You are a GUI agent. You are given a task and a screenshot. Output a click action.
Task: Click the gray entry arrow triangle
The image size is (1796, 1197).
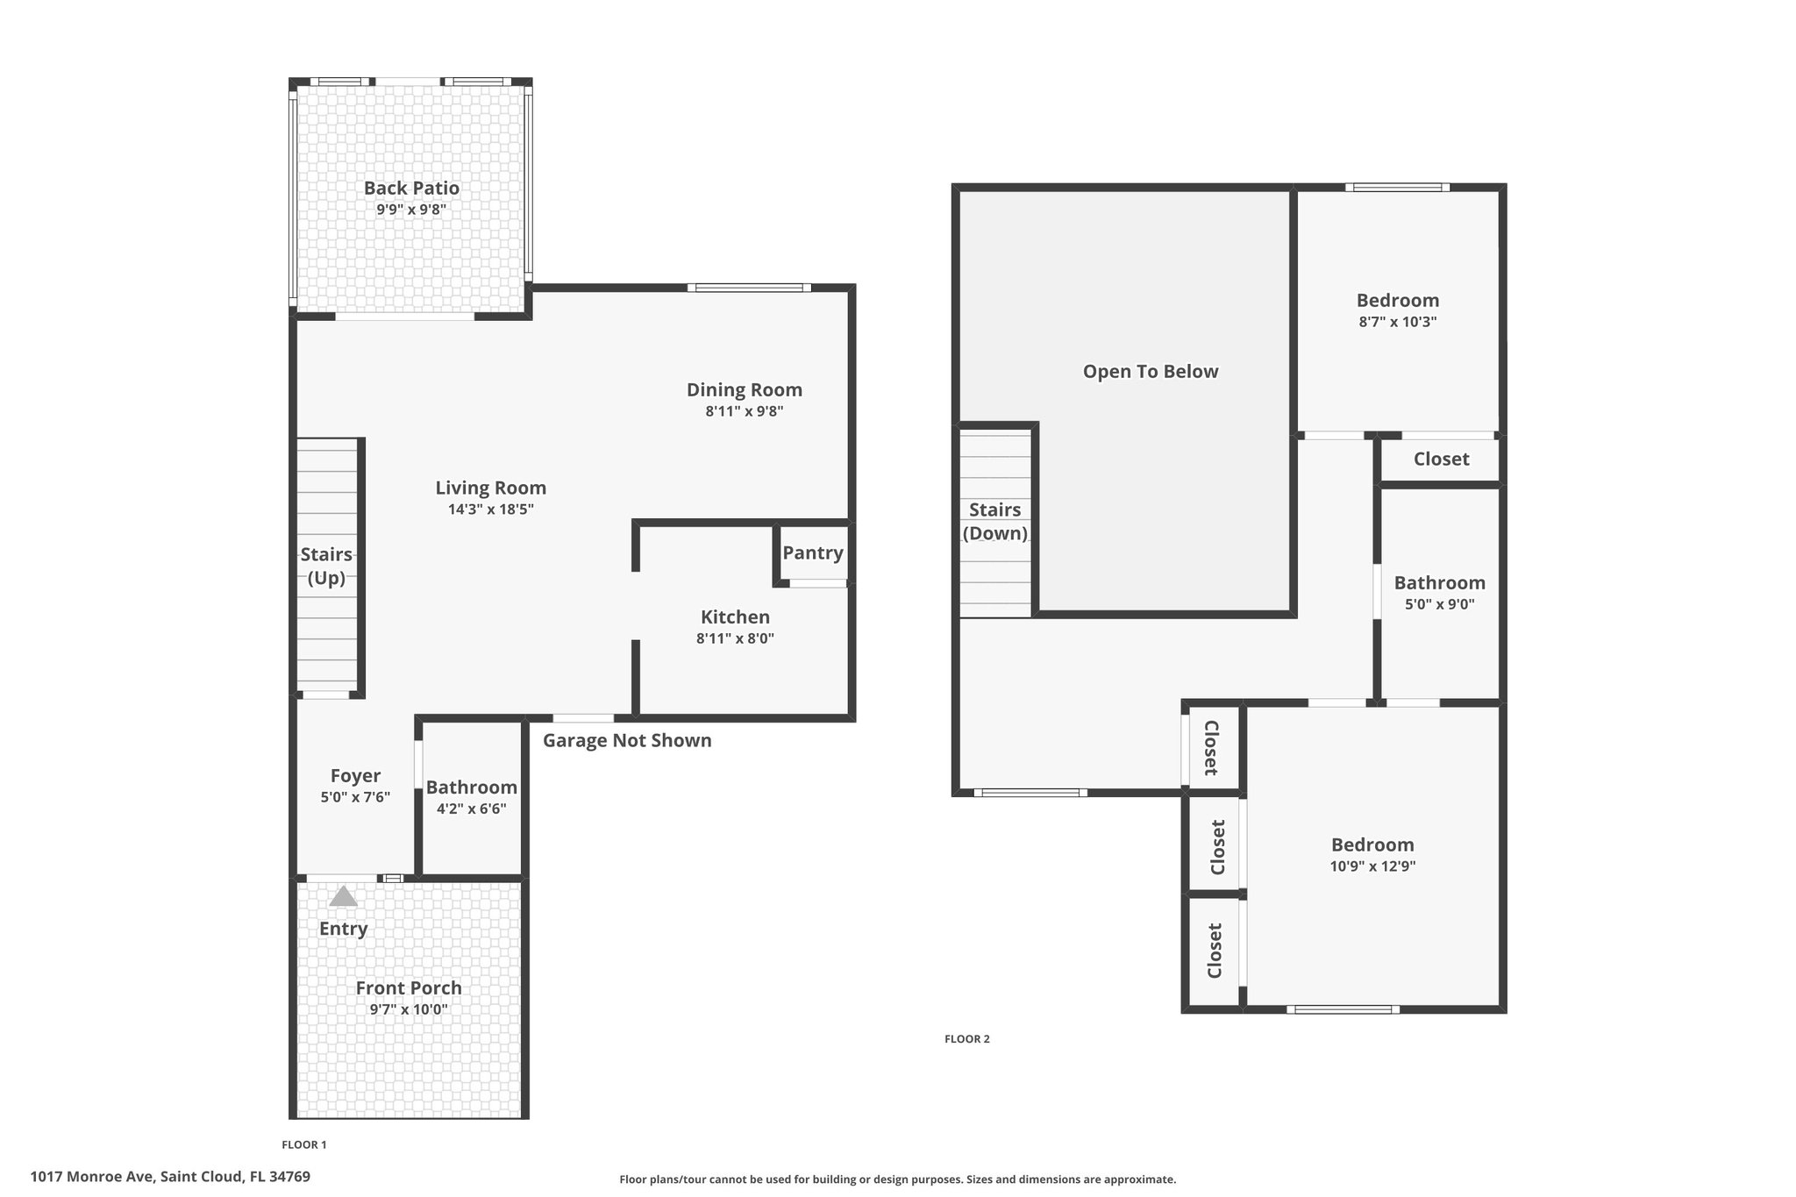(343, 896)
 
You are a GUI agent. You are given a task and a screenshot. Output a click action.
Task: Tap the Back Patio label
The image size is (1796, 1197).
(411, 188)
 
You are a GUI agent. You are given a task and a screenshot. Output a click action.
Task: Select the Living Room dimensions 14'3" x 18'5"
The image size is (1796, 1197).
(490, 509)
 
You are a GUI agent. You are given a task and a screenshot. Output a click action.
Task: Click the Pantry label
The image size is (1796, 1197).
(813, 552)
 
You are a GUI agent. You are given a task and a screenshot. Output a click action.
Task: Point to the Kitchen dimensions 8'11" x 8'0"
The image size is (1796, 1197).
(735, 638)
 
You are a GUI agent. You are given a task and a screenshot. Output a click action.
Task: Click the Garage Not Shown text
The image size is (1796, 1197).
(627, 740)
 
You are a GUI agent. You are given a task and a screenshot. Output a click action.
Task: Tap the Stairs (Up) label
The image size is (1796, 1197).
(326, 566)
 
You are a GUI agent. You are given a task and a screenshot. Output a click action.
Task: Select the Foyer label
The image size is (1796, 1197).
(355, 775)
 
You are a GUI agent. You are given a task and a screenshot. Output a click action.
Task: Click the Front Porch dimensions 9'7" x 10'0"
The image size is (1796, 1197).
(409, 1009)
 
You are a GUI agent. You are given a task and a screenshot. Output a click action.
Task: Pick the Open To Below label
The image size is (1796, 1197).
(1151, 371)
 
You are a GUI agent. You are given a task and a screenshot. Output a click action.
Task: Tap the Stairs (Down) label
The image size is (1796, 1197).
(994, 521)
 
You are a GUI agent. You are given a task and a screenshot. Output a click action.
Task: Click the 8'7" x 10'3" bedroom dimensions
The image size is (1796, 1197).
(1397, 322)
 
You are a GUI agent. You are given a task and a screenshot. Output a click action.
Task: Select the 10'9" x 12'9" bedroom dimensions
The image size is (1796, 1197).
(1372, 866)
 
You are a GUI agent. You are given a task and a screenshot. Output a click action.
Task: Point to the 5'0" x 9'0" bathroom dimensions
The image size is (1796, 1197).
(1439, 604)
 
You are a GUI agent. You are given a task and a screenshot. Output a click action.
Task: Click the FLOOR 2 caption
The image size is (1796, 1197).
(966, 1039)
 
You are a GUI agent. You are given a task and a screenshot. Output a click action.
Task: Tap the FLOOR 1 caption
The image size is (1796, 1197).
(303, 1144)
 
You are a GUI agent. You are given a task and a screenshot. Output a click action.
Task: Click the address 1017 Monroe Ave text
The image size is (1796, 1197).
(170, 1176)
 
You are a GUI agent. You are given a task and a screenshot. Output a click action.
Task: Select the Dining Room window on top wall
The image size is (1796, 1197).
(748, 288)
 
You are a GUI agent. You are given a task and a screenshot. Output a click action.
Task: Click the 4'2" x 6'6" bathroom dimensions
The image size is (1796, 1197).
(471, 809)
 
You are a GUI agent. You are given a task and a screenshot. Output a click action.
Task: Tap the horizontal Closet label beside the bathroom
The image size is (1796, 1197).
(1441, 459)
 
